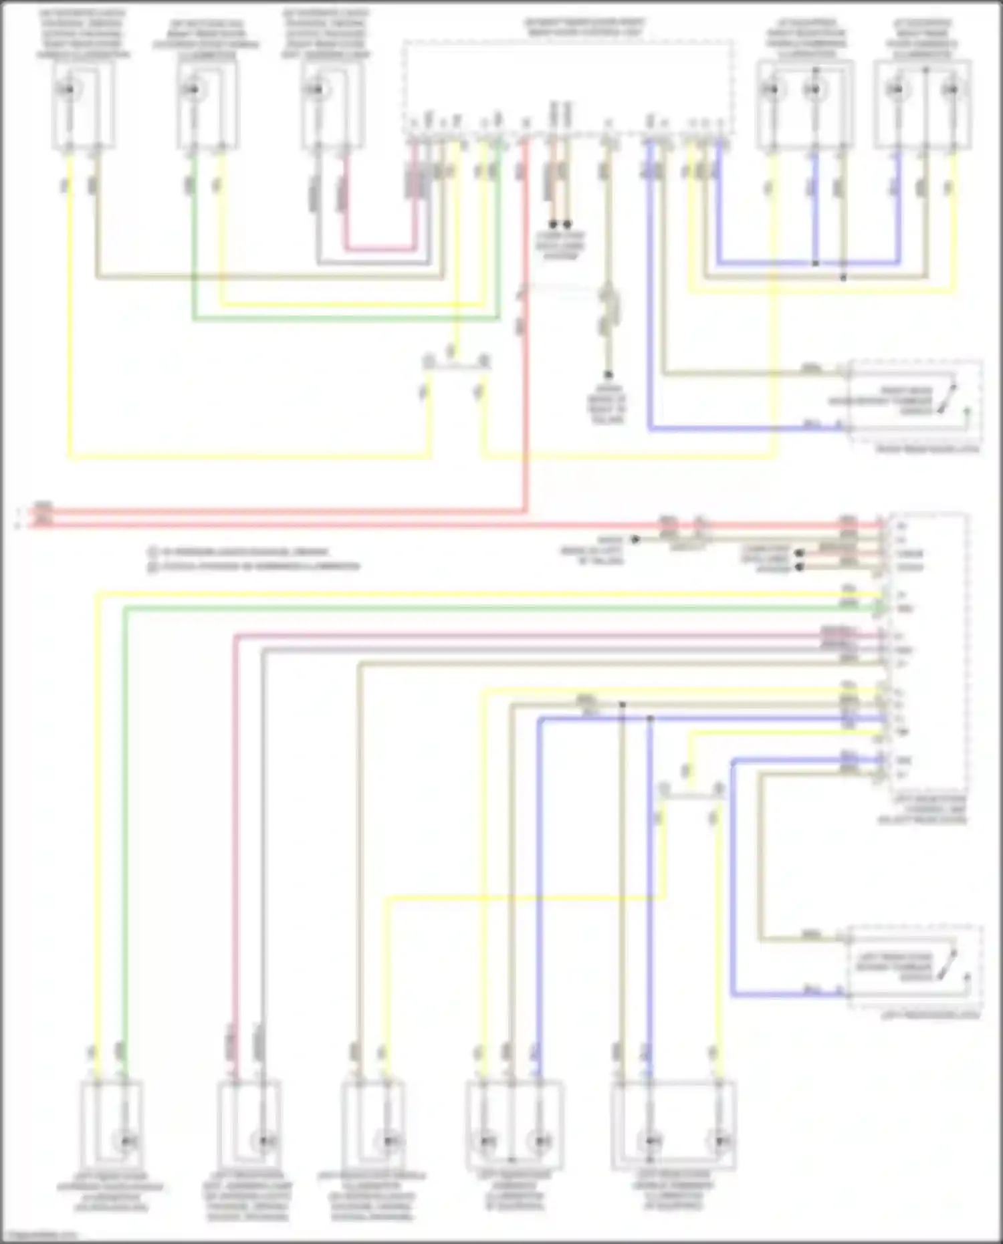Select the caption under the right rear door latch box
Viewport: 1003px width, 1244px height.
927,450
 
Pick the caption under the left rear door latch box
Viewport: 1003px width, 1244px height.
929,1015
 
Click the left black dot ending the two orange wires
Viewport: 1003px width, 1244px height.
554,225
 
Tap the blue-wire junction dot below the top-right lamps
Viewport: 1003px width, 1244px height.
815,263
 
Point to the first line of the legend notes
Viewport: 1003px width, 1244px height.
239,552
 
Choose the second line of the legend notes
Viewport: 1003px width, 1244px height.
254,566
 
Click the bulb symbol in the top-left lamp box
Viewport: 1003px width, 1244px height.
67,89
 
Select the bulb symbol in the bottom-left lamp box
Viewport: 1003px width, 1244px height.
124,1140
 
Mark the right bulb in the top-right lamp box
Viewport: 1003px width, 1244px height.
950,89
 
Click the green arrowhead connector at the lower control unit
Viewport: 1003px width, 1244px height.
881,608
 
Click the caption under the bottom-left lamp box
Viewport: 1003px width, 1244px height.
110,1197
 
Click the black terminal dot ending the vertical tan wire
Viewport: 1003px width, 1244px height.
608,375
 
